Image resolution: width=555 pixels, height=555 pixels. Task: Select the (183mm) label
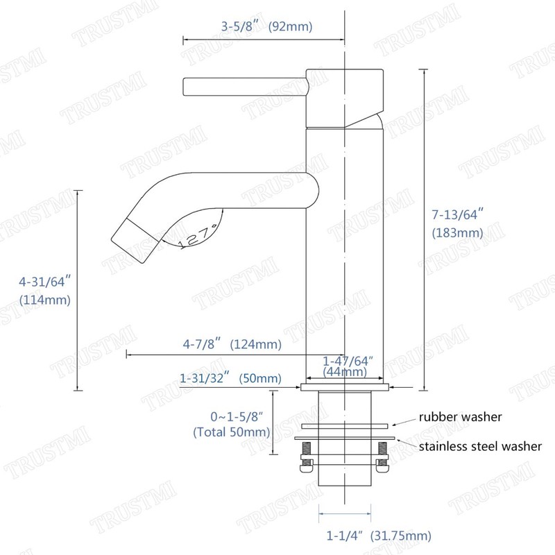tap(454, 233)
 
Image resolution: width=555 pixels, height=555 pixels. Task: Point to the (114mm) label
tap(46, 300)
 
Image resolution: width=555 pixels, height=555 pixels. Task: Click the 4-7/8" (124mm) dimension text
tap(232, 344)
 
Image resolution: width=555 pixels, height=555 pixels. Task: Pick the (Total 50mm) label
tap(231, 432)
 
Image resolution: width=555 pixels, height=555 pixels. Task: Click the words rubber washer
tap(459, 417)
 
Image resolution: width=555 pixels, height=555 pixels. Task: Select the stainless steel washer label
tap(479, 446)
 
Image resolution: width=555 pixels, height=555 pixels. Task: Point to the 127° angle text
tap(198, 236)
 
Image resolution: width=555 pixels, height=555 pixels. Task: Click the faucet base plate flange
tap(344, 385)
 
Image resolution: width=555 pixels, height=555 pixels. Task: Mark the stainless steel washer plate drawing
tap(345, 438)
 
